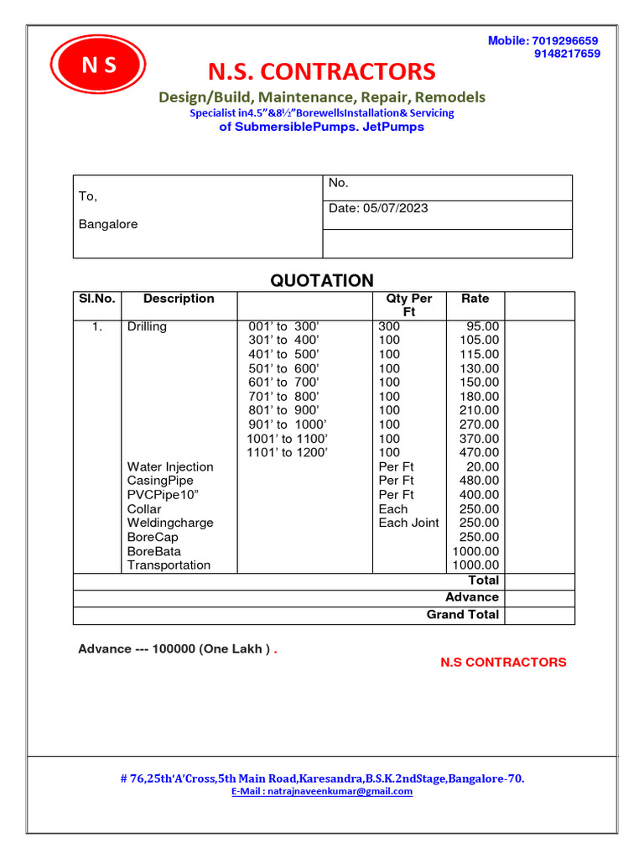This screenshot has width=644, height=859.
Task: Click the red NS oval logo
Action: click(x=98, y=65)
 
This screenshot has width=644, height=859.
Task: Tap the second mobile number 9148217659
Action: click(x=567, y=54)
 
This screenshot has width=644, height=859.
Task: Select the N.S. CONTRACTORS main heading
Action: click(x=321, y=71)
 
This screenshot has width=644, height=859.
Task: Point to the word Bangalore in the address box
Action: click(x=108, y=224)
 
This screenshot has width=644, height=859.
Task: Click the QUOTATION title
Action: click(x=322, y=281)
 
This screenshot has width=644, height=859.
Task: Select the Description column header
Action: click(x=179, y=299)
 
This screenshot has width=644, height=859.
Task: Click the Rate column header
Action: click(x=475, y=299)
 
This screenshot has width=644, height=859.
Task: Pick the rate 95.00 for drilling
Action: click(x=482, y=326)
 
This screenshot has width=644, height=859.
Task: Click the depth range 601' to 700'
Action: click(x=284, y=383)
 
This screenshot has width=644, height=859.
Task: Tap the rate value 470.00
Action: click(x=479, y=453)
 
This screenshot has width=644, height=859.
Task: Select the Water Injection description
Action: click(x=170, y=466)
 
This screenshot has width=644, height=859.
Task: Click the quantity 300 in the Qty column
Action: click(x=389, y=326)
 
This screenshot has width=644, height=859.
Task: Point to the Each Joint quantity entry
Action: click(x=408, y=523)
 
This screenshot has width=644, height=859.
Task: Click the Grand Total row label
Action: click(x=462, y=615)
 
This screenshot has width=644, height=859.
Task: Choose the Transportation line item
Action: click(x=169, y=565)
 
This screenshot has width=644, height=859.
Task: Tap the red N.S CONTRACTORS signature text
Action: click(x=503, y=663)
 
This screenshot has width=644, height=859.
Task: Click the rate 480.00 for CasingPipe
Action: click(x=479, y=481)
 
